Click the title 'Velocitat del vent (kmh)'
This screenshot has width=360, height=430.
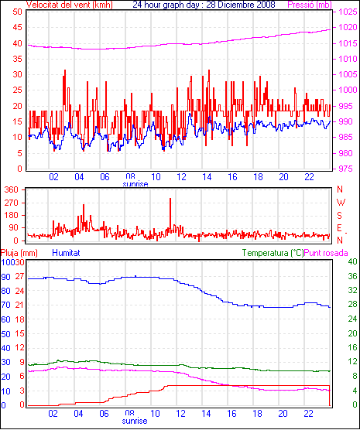(70, 5)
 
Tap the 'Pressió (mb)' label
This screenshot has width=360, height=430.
(310, 5)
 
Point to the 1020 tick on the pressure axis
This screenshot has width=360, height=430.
(348, 27)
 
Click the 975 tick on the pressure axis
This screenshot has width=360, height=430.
(348, 169)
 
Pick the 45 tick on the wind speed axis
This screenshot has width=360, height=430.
(17, 27)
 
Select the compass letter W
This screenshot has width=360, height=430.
(341, 203)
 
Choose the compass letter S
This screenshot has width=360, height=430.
(340, 216)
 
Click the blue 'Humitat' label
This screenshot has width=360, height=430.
(66, 253)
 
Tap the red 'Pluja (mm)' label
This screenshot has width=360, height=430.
(19, 253)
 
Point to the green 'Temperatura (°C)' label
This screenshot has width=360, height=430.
(273, 253)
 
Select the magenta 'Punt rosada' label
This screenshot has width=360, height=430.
(326, 253)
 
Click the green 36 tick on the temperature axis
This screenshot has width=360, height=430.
(352, 276)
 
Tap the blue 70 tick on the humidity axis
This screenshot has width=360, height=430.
(5, 305)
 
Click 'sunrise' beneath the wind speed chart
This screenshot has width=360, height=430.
(135, 184)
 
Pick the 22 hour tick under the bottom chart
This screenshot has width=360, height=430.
(309, 413)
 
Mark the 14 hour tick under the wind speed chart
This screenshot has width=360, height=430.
(207, 177)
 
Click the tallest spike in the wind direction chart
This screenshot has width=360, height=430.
(170, 214)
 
